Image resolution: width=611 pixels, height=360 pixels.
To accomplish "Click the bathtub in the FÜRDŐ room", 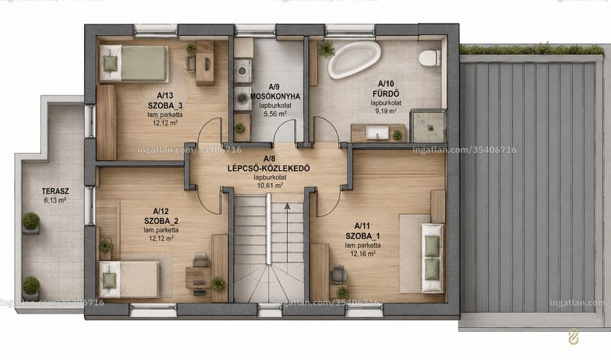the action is pyautogui.click(x=354, y=58).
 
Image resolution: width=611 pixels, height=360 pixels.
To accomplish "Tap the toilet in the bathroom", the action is pyautogui.click(x=429, y=58).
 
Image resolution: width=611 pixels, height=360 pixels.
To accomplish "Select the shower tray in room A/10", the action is pyautogui.click(x=428, y=125).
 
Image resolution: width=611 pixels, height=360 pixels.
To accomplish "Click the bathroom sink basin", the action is pyautogui.click(x=377, y=132).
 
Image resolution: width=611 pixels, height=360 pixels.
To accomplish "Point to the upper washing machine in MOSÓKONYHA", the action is pyautogui.click(x=244, y=70).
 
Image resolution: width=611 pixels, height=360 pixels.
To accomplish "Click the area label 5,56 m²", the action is pyautogui.click(x=275, y=114).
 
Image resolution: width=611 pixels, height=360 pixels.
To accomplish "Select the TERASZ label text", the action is pyautogui.click(x=55, y=191).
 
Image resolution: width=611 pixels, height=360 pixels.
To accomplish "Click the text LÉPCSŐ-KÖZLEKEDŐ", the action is pyautogui.click(x=269, y=168).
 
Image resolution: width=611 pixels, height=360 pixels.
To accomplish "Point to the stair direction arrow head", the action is pyautogui.click(x=287, y=206).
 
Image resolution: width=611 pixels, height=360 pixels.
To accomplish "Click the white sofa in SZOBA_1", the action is pyautogui.click(x=432, y=258).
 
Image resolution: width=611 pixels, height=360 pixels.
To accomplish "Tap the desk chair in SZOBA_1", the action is pyautogui.click(x=338, y=273).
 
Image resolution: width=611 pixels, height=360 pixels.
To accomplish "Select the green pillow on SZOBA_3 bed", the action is pyautogui.click(x=110, y=63).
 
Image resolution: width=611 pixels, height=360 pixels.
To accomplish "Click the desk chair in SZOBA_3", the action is pyautogui.click(x=189, y=63).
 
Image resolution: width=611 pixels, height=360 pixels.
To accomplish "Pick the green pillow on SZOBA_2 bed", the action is pyautogui.click(x=109, y=280).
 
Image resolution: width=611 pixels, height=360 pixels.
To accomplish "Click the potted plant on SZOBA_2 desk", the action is pyautogui.click(x=218, y=284).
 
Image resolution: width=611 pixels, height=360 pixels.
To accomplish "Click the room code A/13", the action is pyautogui.click(x=165, y=96).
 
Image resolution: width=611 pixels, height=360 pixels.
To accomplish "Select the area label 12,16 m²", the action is pyautogui.click(x=363, y=254).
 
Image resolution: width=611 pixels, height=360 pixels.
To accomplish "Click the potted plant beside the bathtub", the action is pyautogui.click(x=326, y=49).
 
